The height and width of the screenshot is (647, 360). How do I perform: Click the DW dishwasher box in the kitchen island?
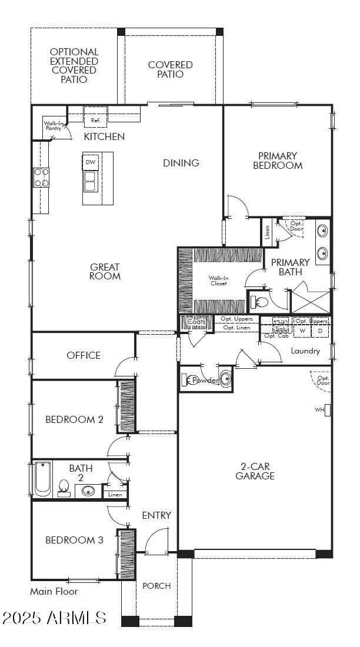[x=90, y=162]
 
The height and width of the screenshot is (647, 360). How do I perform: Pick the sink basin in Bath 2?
[x=89, y=491]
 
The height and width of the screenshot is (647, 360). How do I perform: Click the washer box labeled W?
[x=302, y=331]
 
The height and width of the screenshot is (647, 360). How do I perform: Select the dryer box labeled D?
[x=320, y=331]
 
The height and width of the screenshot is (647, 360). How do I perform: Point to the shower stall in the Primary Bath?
[x=310, y=298]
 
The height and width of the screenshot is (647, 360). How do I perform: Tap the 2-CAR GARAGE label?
[x=255, y=471]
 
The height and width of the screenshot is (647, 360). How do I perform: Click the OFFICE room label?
[x=84, y=355]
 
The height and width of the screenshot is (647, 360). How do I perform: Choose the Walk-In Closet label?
[x=218, y=280]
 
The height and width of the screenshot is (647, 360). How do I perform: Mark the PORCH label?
[x=157, y=585]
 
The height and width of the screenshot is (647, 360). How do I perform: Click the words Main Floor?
[x=54, y=591]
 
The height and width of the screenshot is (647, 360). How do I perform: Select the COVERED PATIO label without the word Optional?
[x=170, y=69]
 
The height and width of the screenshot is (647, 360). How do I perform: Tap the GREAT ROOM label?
[x=105, y=271]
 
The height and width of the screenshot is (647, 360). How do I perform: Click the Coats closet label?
[x=196, y=322]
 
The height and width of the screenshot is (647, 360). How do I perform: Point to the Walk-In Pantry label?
[x=54, y=126]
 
